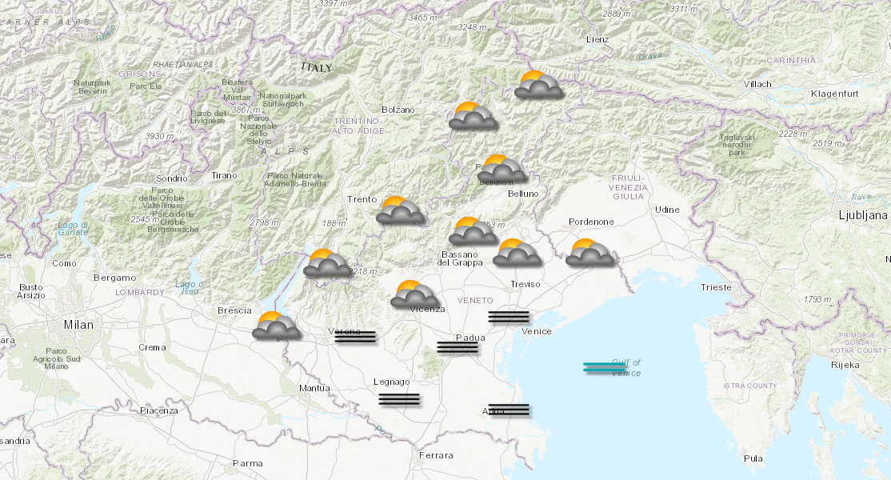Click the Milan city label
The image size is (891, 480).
click(x=79, y=325)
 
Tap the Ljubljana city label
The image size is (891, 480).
click(x=863, y=215)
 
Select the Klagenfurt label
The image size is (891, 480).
click(x=834, y=94)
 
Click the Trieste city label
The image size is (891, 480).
click(x=715, y=286)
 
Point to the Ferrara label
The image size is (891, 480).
click(x=435, y=455)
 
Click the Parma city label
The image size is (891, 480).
click(x=247, y=462)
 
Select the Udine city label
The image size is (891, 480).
click(x=666, y=210)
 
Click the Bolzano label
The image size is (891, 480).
click(x=398, y=110)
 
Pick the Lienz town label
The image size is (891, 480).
click(x=597, y=39)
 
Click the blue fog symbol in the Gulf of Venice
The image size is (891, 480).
click(x=605, y=367)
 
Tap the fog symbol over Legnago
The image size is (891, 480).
click(x=399, y=399)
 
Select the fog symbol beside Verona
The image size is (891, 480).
click(x=355, y=337)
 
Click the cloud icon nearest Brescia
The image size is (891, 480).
click(x=276, y=326)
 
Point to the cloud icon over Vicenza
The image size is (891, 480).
click(x=414, y=294)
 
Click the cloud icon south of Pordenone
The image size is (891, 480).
click(x=589, y=253)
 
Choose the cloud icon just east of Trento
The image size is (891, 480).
click(x=400, y=210)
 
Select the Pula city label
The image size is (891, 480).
click(x=753, y=458)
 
